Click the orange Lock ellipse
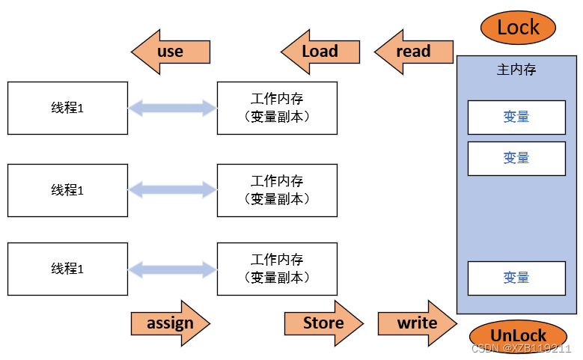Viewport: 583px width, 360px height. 517,28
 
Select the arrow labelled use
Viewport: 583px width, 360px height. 171,52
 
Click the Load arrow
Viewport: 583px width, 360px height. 320,52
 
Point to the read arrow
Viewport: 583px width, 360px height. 414,52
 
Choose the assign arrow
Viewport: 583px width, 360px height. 171,323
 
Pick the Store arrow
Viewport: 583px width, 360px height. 323,323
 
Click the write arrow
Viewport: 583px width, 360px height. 417,323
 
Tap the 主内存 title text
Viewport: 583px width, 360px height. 516,70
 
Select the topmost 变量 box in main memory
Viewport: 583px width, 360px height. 516,118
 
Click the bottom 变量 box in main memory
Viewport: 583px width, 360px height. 516,278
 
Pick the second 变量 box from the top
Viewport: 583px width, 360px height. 516,158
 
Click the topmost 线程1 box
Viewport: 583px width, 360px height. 67,109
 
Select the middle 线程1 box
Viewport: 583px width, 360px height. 67,190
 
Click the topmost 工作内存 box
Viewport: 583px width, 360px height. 277,109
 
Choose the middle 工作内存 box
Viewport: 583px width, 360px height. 277,190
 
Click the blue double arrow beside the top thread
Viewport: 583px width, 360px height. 172,109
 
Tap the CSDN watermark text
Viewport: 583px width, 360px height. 522,349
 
